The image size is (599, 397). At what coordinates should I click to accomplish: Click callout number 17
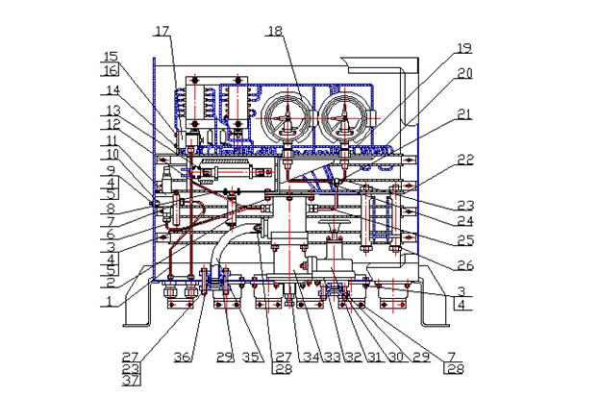(162, 31)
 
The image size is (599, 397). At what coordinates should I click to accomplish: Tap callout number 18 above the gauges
(275, 31)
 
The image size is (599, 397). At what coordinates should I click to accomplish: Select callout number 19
(465, 48)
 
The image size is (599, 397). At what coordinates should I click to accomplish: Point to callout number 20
(465, 73)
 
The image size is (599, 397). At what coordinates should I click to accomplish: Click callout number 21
(465, 114)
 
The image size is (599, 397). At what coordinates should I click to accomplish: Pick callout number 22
(465, 160)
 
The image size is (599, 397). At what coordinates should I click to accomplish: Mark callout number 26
(465, 264)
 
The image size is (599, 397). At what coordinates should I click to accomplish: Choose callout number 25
(465, 240)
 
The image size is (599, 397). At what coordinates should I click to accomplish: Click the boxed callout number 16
(111, 70)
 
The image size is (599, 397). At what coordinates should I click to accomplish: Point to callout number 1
(110, 302)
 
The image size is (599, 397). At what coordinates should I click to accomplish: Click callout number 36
(183, 357)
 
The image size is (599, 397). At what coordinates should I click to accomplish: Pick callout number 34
(311, 357)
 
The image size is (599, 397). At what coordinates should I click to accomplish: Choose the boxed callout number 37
(131, 381)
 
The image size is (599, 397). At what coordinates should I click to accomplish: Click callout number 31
(374, 357)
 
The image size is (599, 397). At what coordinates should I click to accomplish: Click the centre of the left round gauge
(287, 118)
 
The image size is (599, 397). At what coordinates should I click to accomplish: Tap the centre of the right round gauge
(345, 118)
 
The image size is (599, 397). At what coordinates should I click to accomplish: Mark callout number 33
(332, 357)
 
